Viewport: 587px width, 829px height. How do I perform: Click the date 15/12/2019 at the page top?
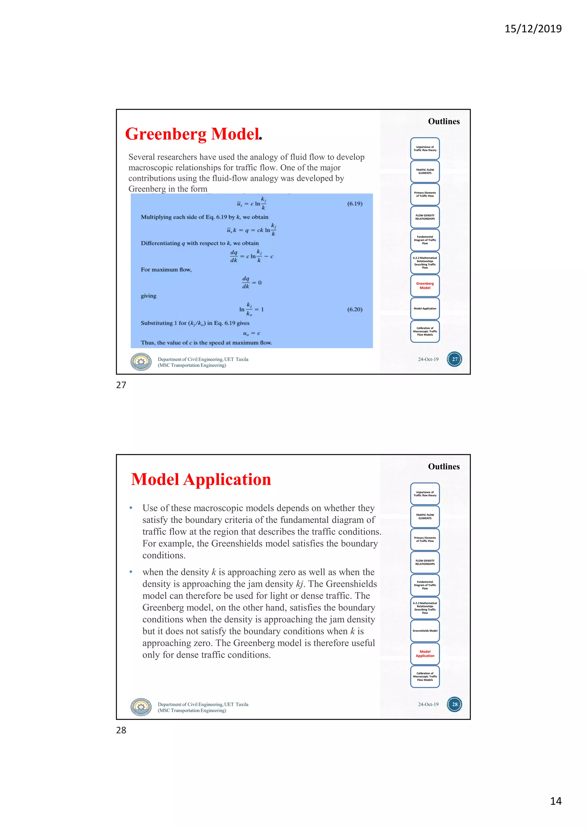(533, 29)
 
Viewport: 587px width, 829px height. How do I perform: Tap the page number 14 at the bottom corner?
(555, 801)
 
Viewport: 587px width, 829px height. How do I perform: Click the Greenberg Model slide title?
(193, 134)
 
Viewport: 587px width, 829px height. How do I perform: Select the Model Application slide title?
(201, 479)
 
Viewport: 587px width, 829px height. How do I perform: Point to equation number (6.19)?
(355, 204)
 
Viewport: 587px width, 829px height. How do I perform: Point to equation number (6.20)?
(355, 309)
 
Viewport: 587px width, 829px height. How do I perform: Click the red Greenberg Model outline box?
(425, 286)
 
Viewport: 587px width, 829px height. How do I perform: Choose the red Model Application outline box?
(425, 654)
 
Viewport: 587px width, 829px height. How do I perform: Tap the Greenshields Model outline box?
(425, 631)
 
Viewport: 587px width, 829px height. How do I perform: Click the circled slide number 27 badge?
(454, 359)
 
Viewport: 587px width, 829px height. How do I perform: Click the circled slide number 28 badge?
(454, 704)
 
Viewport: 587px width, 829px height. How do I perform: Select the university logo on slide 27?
(141, 362)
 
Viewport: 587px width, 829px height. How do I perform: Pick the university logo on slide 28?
(141, 706)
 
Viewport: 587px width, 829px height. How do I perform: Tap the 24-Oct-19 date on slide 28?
(428, 704)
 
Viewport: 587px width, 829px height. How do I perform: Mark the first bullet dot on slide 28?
(131, 508)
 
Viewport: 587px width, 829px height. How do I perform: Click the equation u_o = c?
(252, 333)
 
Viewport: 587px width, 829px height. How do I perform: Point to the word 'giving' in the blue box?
(148, 296)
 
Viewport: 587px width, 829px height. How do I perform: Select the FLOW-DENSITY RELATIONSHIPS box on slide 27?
(425, 217)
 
